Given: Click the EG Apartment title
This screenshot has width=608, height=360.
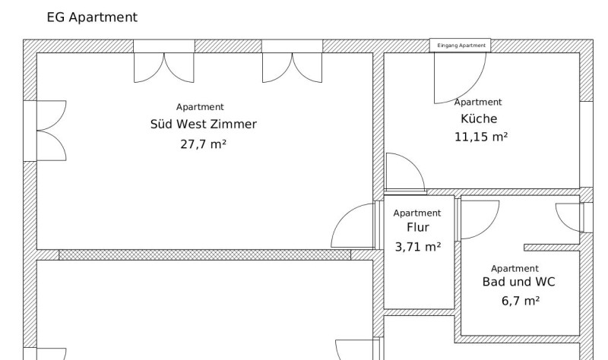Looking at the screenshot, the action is click(x=92, y=17).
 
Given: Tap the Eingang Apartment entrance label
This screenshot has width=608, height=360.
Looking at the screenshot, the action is click(x=461, y=46).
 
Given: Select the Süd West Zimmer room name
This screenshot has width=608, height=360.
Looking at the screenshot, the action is click(x=204, y=124).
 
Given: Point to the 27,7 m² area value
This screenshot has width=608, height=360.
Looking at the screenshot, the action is click(x=203, y=144).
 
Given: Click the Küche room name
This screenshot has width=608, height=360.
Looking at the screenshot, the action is click(x=479, y=118).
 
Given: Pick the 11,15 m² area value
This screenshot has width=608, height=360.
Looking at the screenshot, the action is click(x=481, y=137).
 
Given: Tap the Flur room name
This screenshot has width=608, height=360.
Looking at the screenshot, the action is click(x=417, y=227).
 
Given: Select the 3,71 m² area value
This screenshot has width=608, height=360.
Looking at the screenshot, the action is click(x=417, y=247).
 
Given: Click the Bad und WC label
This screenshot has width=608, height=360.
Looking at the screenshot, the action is click(x=518, y=282).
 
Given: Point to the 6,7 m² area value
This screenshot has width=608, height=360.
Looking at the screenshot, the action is click(x=521, y=301).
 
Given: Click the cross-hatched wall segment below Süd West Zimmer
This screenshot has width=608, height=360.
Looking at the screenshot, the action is click(x=204, y=254).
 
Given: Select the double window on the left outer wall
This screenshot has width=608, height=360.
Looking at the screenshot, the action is click(x=51, y=131).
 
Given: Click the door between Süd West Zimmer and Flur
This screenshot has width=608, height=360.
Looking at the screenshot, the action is click(x=353, y=226).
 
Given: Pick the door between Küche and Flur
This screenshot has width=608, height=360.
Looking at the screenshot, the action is click(x=406, y=172).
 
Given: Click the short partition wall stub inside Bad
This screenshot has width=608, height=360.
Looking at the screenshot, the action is click(x=552, y=248).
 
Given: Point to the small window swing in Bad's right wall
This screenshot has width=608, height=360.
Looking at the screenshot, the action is click(x=569, y=218).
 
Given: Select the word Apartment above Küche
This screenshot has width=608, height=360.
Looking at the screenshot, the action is click(x=478, y=102).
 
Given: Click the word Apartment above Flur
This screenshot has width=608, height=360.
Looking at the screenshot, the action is click(x=416, y=213).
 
